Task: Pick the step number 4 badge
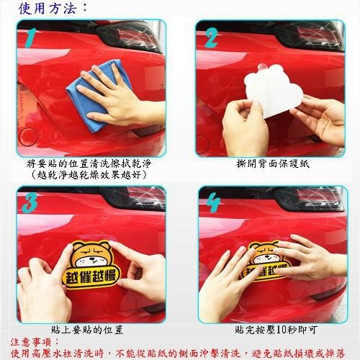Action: pyautogui.click(x=212, y=204)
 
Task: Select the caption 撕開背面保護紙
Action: pyautogui.click(x=271, y=163)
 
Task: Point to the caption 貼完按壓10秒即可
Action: pyautogui.click(x=271, y=329)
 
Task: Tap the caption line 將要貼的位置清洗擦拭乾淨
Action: pyautogui.click(x=91, y=163)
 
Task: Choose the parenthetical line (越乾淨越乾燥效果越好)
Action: pyautogui.click(x=91, y=174)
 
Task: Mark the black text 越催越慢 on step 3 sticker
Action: pyautogui.click(x=93, y=276)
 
